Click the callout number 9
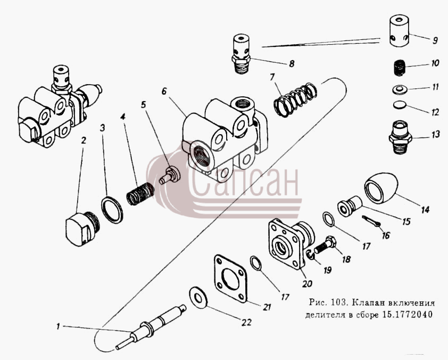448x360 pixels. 435,40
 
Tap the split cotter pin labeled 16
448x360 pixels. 371,221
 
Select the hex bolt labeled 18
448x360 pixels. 326,246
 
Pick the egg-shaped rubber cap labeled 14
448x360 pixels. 381,187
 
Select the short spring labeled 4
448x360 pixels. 140,194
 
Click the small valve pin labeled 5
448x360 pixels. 170,176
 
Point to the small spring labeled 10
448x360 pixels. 399,69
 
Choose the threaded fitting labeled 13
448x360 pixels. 400,137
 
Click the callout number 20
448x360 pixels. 307,284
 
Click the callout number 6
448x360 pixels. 164,91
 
